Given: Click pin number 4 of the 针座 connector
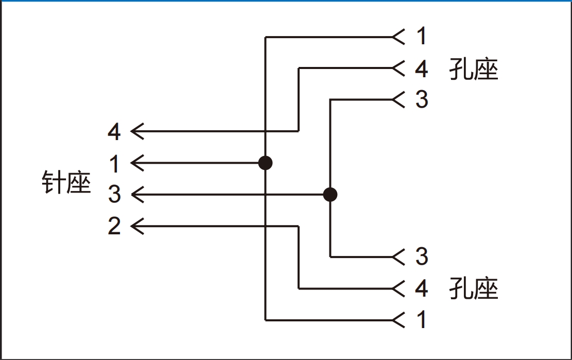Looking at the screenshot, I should [x=114, y=132].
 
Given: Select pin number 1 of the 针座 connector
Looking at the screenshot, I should [x=114, y=164].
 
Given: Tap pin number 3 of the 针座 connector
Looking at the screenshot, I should [x=114, y=195].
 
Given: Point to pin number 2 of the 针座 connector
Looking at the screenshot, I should [x=114, y=226].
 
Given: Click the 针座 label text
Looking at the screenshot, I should [x=66, y=182].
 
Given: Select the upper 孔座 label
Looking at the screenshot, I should [x=474, y=69].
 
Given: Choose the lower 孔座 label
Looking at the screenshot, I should [x=474, y=288].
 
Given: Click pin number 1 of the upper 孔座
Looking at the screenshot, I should [x=422, y=37].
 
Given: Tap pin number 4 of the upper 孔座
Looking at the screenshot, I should [x=422, y=68].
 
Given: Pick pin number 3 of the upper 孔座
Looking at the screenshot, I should [x=422, y=99].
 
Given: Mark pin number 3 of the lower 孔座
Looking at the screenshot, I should [x=422, y=256].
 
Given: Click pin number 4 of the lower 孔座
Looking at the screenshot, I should [x=422, y=288].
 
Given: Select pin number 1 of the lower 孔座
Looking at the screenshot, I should [x=422, y=320].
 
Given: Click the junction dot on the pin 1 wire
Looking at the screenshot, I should [x=265, y=163].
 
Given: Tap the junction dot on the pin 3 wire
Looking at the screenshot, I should [x=330, y=195].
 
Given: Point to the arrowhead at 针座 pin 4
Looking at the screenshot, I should [x=137, y=131].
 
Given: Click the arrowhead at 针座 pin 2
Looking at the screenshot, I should [x=137, y=226].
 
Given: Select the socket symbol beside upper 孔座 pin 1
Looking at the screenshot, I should [x=398, y=37].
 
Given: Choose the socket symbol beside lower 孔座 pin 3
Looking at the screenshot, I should [x=398, y=256].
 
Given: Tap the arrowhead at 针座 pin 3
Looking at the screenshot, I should [x=137, y=195].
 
